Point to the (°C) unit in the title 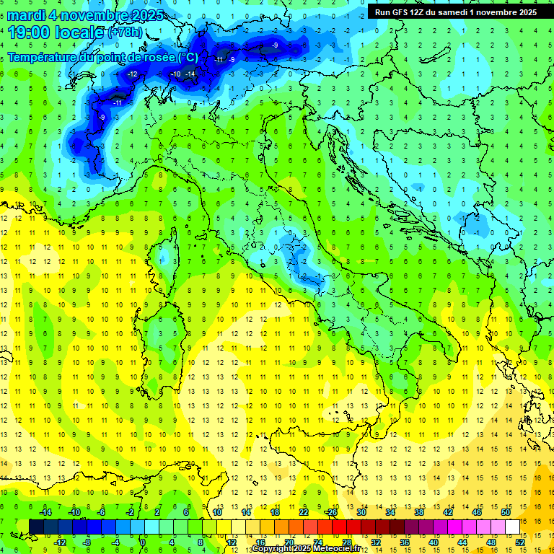[186, 57]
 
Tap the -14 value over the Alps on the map [190, 74]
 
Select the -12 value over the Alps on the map [132, 74]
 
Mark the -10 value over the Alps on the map [175, 74]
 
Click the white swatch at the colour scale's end [512, 526]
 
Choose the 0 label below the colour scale [143, 542]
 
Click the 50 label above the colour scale [506, 511]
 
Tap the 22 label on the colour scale [304, 511]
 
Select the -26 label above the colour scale [331, 511]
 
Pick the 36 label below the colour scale [405, 542]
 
